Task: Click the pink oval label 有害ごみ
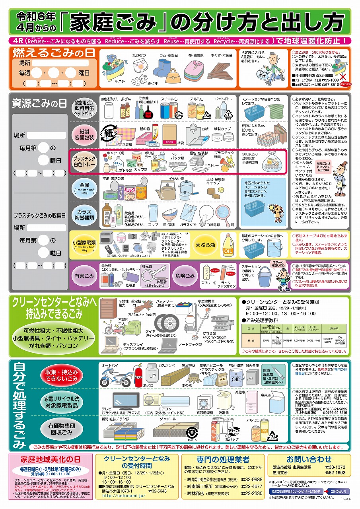(x=84, y=275)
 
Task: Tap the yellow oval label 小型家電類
(x=84, y=243)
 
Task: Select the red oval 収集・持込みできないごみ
(x=62, y=375)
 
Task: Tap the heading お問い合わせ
(x=309, y=460)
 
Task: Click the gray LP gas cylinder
(x=152, y=375)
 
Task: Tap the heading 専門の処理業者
(x=223, y=460)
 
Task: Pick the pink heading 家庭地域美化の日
(x=51, y=459)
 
